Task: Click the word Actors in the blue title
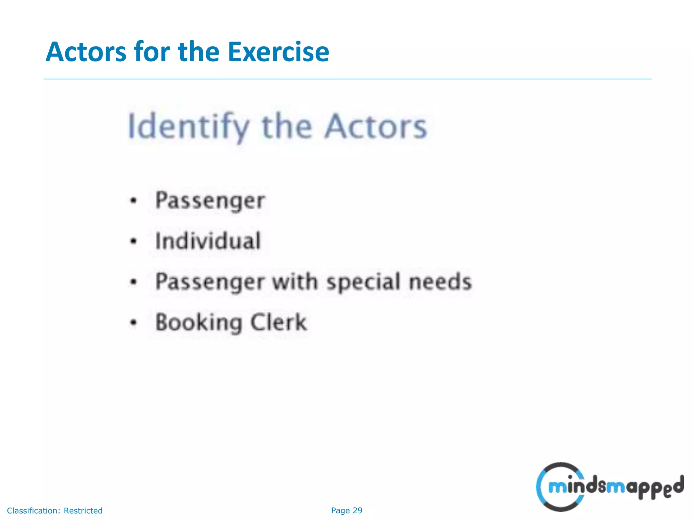[86, 52]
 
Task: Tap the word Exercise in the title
[278, 52]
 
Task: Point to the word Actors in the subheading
[376, 127]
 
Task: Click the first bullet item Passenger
[210, 201]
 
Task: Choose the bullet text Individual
[208, 241]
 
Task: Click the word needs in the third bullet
[440, 281]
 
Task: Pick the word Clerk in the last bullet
[278, 322]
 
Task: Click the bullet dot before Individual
[134, 241]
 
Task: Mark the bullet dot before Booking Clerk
[134, 323]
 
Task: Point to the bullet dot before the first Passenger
[134, 201]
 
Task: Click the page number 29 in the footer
[357, 511]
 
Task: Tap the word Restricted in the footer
[83, 511]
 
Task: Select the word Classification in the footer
[33, 511]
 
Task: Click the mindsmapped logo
[609, 487]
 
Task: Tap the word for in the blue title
[152, 52]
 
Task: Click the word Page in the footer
[340, 511]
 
